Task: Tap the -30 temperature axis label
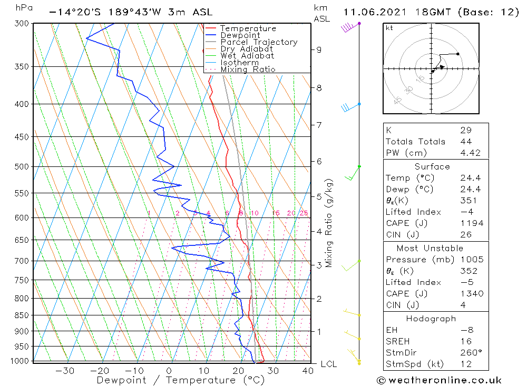click(x=64, y=371)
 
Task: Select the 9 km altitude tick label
click(x=319, y=50)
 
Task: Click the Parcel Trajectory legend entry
click(x=258, y=42)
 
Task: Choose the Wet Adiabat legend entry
click(x=247, y=56)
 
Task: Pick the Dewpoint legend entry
click(x=240, y=35)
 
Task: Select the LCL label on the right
click(x=328, y=364)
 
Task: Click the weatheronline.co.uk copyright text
click(x=440, y=380)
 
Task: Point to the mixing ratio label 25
click(x=304, y=213)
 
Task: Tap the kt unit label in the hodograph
click(x=389, y=28)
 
